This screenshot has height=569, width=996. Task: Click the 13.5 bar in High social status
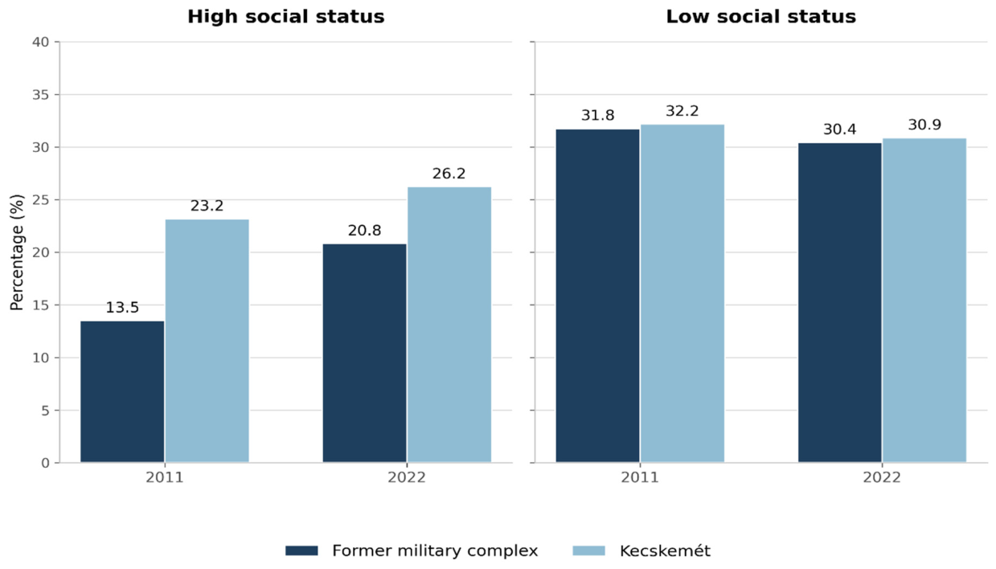coord(122,391)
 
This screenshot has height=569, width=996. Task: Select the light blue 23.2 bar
coord(207,341)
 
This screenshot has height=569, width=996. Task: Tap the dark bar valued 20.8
coord(365,353)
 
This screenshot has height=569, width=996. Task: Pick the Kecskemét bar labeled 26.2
coord(449,325)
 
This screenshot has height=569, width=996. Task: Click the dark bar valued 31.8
coord(597,296)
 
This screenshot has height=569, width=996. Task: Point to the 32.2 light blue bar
coord(682,293)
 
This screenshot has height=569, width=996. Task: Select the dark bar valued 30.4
coord(840,303)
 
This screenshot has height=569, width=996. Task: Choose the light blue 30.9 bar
coord(924,301)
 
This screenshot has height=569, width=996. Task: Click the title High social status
coord(286,17)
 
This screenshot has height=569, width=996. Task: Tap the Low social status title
coord(760,17)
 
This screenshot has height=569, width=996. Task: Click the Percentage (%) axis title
coord(17,252)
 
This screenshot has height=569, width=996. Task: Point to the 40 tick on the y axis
coord(40,43)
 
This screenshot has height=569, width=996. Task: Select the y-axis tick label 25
coord(40,200)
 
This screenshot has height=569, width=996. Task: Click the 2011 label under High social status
coord(165,478)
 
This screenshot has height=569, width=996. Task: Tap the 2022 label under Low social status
coord(882,478)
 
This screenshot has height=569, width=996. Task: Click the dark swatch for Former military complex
coord(301,551)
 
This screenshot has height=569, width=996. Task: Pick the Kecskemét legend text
coord(665,551)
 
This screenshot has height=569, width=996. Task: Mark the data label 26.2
coord(449,174)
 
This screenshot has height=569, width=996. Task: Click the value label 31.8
coord(597,116)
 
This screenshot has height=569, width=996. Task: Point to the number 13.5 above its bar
coord(122,307)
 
